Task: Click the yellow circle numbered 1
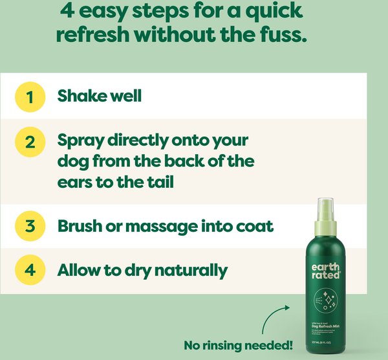30,96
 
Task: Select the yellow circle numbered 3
30,227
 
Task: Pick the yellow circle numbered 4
30,269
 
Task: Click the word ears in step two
74,183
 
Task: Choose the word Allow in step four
78,269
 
